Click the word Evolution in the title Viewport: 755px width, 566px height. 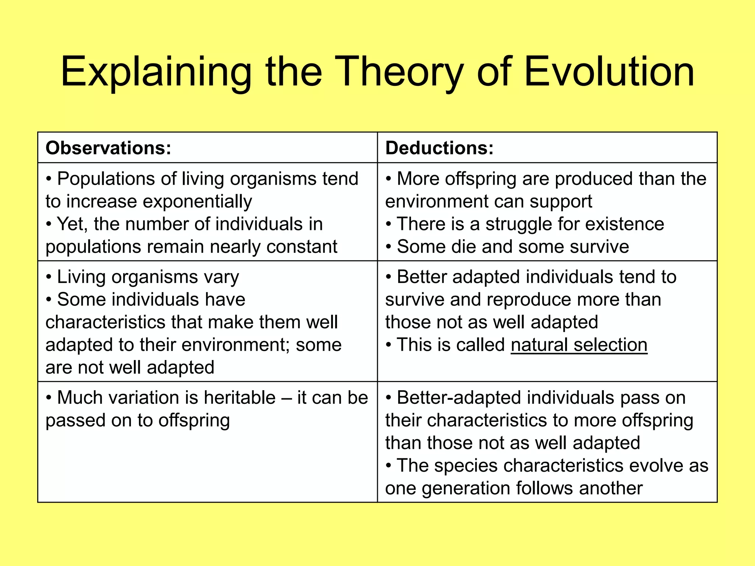tap(609, 71)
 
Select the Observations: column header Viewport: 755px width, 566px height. tap(108, 148)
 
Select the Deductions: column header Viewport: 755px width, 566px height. tap(439, 148)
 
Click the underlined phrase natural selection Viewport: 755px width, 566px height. tap(579, 345)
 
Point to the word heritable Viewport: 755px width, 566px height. tap(240, 398)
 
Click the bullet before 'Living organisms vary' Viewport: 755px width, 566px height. tap(49, 277)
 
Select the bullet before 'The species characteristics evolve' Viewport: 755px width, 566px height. tap(389, 466)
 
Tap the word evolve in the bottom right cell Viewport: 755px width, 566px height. tap(655, 466)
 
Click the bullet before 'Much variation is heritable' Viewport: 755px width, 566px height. tap(49, 398)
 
